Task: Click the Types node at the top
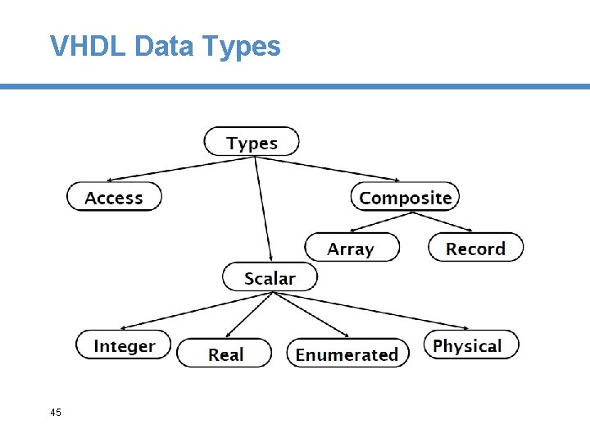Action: click(x=252, y=142)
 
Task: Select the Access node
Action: click(x=114, y=198)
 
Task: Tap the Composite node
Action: click(x=406, y=198)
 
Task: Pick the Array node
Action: click(x=352, y=248)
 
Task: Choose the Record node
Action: click(x=475, y=248)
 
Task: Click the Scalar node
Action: click(x=270, y=278)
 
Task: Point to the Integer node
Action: click(x=124, y=345)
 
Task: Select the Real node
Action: click(x=225, y=354)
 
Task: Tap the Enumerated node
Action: click(x=347, y=354)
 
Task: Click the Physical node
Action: click(x=470, y=345)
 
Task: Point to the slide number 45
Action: click(x=56, y=412)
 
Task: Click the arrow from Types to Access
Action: click(x=180, y=168)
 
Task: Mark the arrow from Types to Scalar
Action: click(x=263, y=209)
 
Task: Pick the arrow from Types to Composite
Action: click(x=328, y=168)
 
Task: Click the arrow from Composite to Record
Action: click(x=442, y=222)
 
